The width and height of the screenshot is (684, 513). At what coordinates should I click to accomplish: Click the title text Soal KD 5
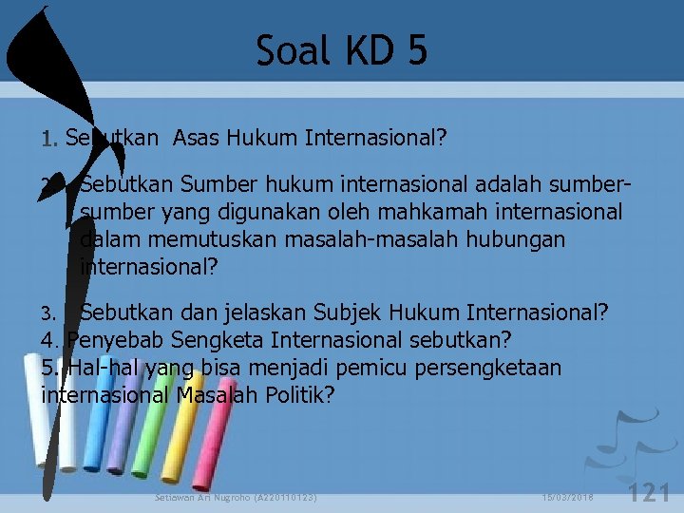342,50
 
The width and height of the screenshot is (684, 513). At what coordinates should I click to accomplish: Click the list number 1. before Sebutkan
51,141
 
